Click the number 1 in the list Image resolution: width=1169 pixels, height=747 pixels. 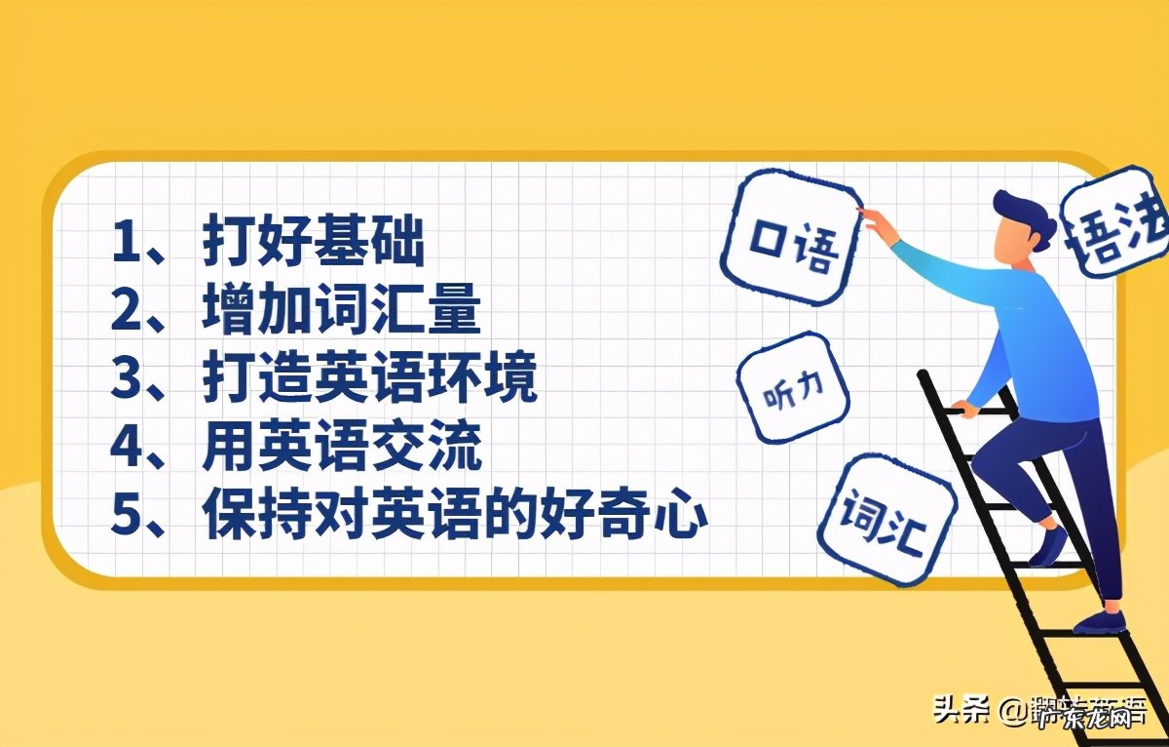point(126,242)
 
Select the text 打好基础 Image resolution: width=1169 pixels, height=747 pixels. point(314,242)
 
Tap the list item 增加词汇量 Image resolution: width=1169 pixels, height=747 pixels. point(341,311)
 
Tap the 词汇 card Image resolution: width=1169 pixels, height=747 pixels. point(885,519)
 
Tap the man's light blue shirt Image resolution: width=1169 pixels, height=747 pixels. point(1033,332)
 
